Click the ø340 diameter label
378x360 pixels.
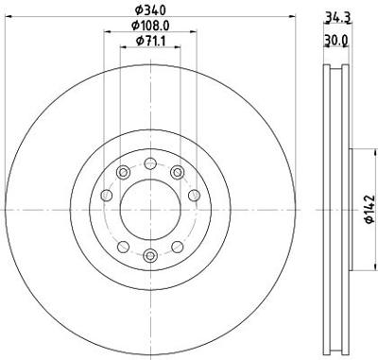[x=150, y=10]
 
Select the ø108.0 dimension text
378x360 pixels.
[x=150, y=26]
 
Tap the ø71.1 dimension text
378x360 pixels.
[x=150, y=42]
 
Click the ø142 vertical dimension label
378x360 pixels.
[x=369, y=209]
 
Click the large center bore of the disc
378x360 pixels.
[x=150, y=210]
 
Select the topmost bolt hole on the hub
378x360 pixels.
[x=150, y=163]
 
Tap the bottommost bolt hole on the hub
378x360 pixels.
[x=150, y=255]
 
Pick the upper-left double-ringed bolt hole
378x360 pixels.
[x=123, y=172]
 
